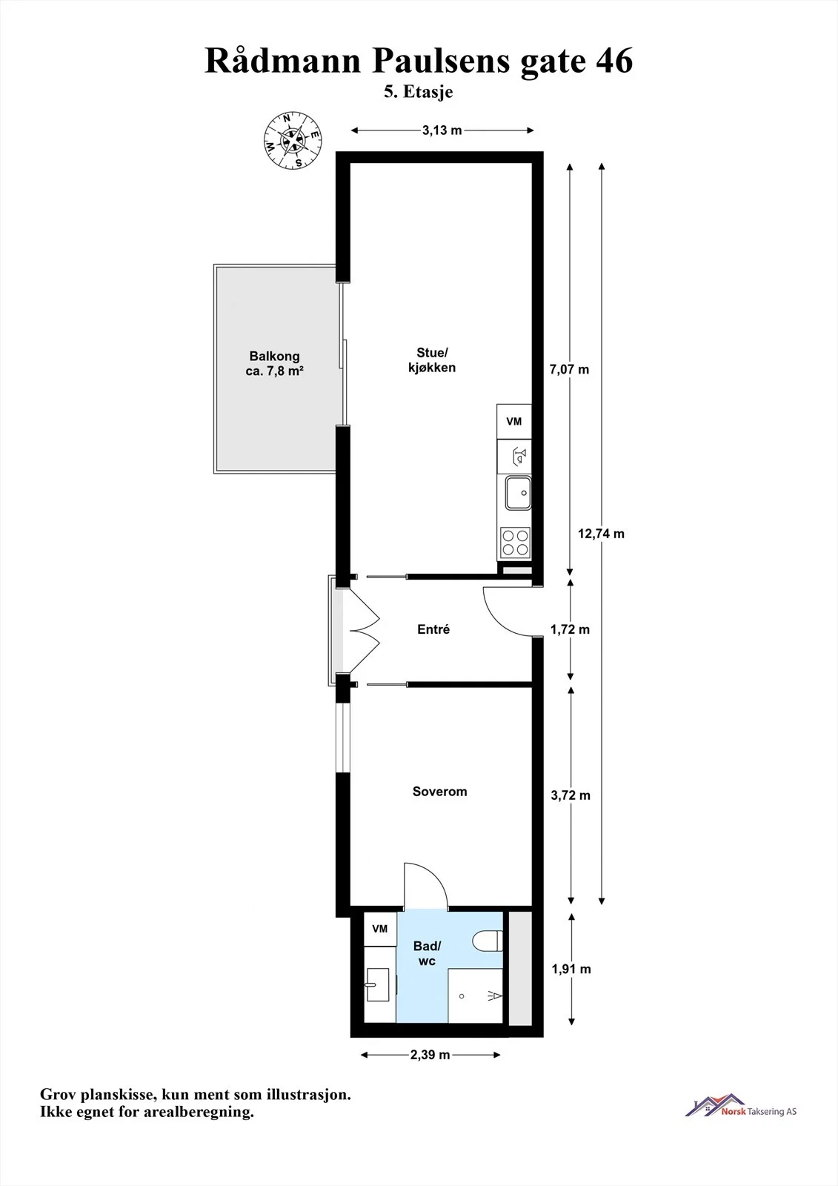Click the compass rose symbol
click(x=292, y=140)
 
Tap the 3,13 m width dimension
click(x=442, y=130)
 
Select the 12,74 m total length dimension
click(x=602, y=534)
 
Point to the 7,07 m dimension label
click(x=569, y=370)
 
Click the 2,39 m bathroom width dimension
click(x=430, y=1055)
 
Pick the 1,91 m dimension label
click(x=571, y=969)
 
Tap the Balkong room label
click(x=274, y=364)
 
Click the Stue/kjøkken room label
click(x=432, y=360)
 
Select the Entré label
click(x=433, y=629)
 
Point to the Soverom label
click(x=440, y=792)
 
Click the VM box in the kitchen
click(x=514, y=422)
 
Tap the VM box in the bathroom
click(x=380, y=929)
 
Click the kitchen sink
click(x=518, y=492)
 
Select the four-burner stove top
click(x=515, y=542)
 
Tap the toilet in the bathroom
click(x=487, y=941)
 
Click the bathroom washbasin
click(x=378, y=985)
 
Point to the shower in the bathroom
click(x=476, y=996)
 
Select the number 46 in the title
click(x=614, y=61)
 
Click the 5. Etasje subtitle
click(x=418, y=92)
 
